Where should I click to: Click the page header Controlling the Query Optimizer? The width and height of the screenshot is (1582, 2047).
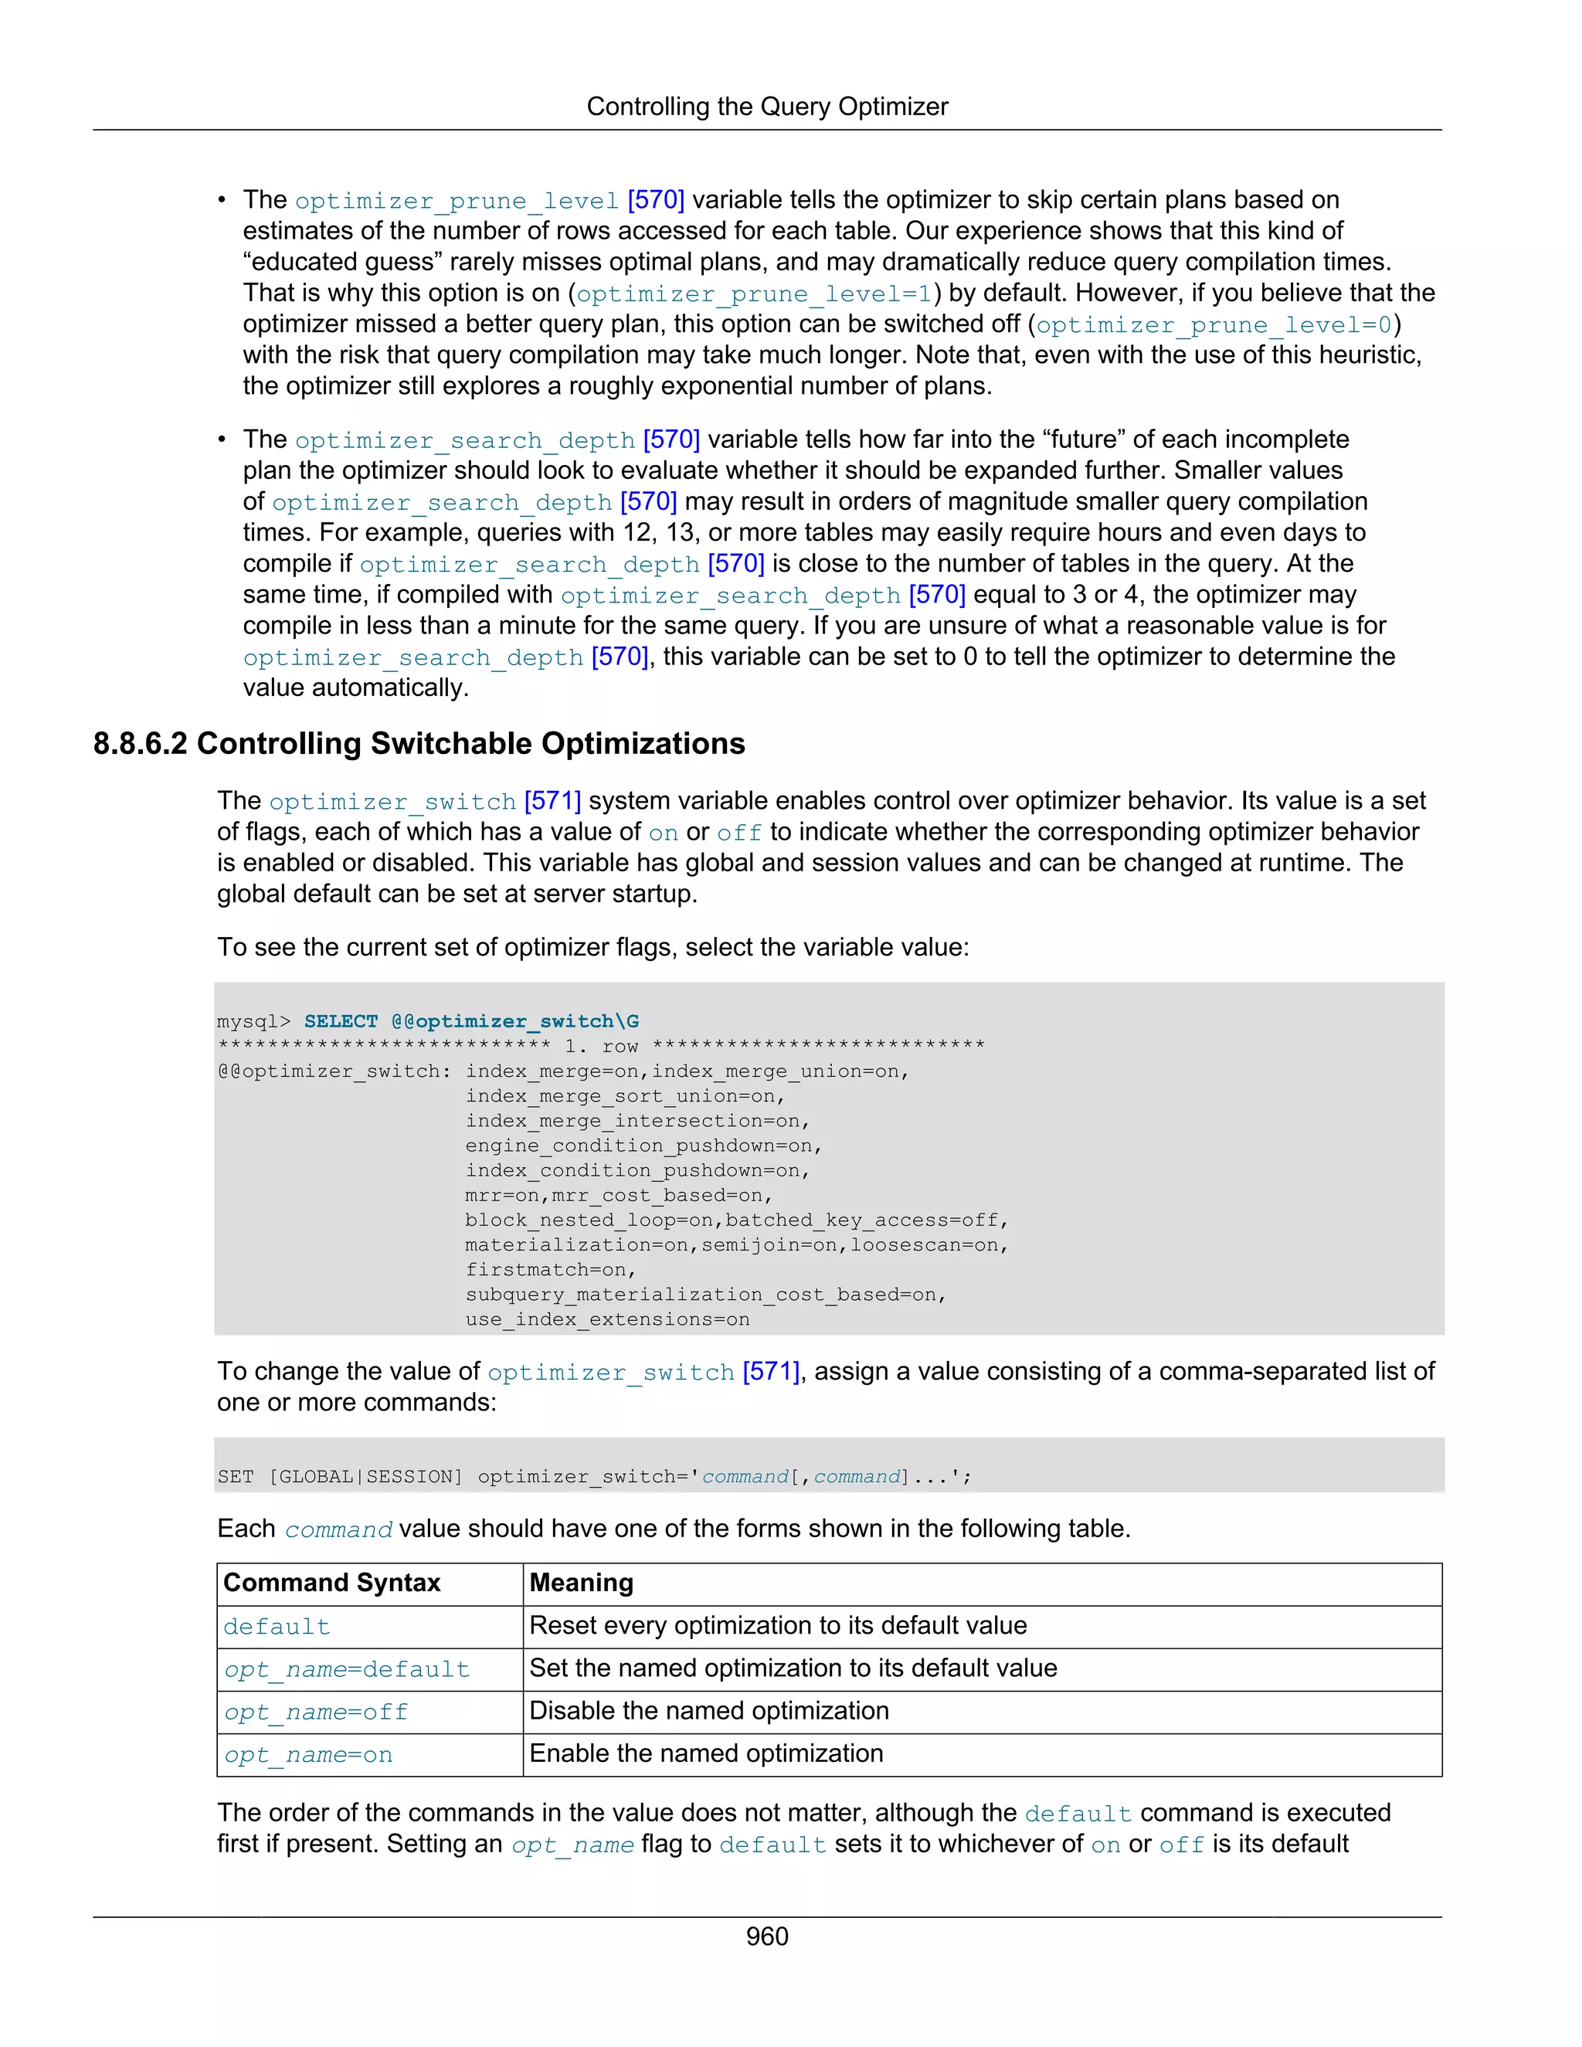766,107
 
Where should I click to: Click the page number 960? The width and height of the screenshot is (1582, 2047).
766,1936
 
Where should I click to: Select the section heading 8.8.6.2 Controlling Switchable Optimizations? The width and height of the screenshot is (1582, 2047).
419,743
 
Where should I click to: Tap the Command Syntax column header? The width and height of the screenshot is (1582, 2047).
331,1583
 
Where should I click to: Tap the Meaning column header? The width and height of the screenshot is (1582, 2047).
581,1583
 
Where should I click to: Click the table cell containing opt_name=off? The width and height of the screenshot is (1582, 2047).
317,1713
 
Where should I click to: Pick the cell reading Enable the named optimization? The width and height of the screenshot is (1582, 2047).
706,1753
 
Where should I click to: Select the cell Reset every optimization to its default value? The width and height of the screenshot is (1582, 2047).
778,1625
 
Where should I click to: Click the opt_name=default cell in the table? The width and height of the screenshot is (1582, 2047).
347,1669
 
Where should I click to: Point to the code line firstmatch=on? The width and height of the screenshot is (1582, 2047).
550,1270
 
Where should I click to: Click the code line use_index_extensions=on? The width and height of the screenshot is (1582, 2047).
607,1319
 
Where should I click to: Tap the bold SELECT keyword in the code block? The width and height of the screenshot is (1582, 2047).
340,1022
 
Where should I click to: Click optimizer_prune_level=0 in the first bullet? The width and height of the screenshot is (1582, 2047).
1214,325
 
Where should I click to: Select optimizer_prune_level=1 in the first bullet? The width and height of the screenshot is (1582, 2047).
753,294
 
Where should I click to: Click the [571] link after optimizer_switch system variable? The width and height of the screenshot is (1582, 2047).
552,801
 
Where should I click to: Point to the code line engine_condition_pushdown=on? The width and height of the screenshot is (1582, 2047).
643,1146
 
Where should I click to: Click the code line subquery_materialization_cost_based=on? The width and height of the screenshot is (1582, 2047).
704,1295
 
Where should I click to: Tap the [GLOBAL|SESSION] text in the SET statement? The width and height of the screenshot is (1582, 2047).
366,1477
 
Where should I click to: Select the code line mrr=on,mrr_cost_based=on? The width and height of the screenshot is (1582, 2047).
619,1196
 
